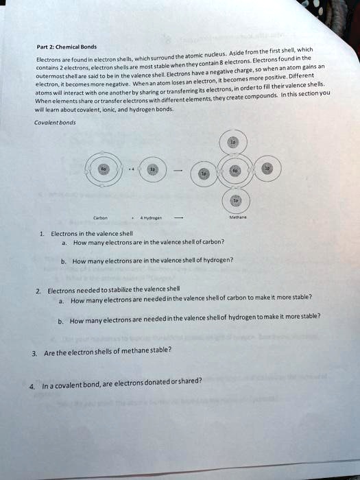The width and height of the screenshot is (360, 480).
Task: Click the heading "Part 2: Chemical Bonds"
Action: click(58, 47)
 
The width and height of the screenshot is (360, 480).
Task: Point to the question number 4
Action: click(32, 385)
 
